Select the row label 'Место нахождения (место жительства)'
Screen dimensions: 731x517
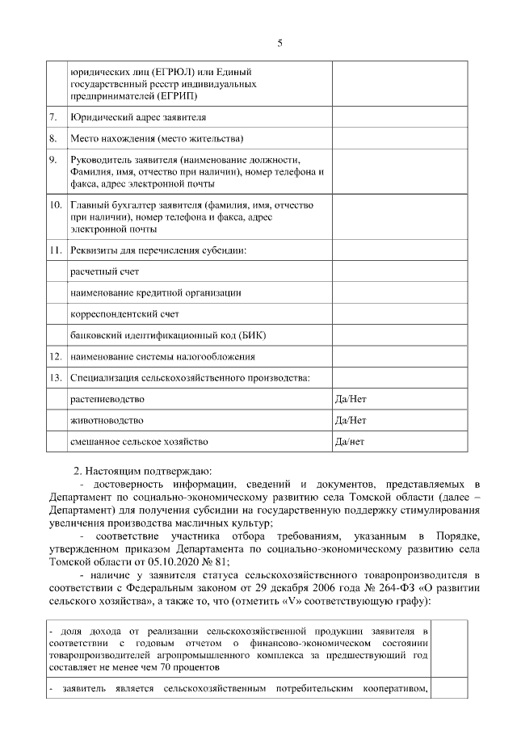tap(157, 138)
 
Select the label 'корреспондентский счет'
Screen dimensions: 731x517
tap(124, 313)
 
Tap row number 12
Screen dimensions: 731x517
tap(56, 355)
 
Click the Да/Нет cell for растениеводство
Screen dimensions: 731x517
tap(351, 399)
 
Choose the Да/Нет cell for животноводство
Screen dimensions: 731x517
tap(351, 420)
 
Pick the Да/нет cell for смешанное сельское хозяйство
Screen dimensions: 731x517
tap(350, 441)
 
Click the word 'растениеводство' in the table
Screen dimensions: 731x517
tap(107, 399)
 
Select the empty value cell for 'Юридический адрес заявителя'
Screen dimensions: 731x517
tap(399, 117)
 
